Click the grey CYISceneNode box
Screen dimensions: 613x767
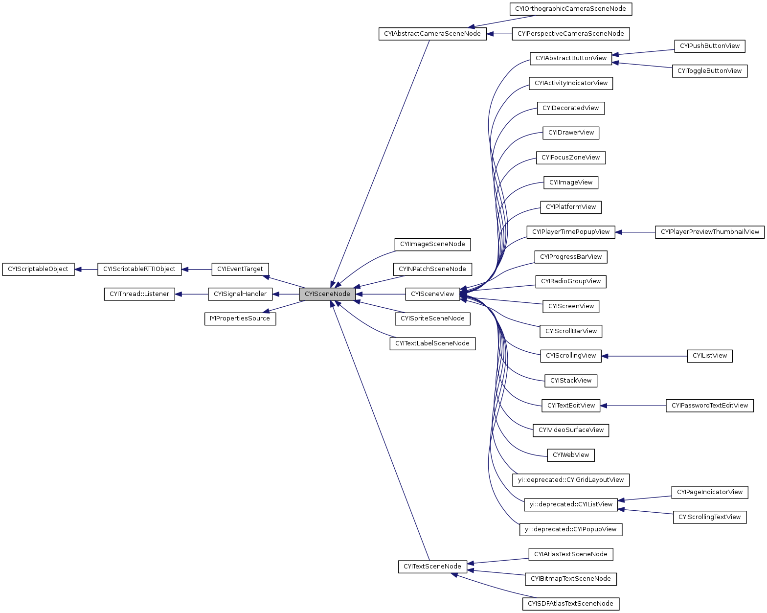click(x=327, y=294)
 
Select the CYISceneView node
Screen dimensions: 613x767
click(x=432, y=294)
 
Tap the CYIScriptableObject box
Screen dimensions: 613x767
click(x=38, y=269)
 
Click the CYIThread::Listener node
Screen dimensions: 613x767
click(x=139, y=294)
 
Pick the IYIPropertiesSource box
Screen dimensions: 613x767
click(x=240, y=318)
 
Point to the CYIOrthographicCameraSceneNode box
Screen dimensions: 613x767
click(x=570, y=9)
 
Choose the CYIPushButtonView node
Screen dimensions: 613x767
click(x=709, y=46)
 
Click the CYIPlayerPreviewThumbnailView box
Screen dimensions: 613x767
click(x=709, y=232)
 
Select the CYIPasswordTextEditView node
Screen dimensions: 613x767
click(x=709, y=406)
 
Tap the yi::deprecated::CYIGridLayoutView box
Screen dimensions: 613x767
click(x=570, y=480)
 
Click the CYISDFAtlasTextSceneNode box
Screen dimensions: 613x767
click(x=570, y=604)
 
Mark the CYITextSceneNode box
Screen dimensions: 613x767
click(x=432, y=567)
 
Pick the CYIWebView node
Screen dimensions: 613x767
click(x=570, y=455)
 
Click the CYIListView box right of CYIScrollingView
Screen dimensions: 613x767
click(x=709, y=356)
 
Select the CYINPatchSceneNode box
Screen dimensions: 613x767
click(x=432, y=269)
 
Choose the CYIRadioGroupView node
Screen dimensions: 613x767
click(x=570, y=281)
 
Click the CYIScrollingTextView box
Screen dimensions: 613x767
click(x=709, y=517)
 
